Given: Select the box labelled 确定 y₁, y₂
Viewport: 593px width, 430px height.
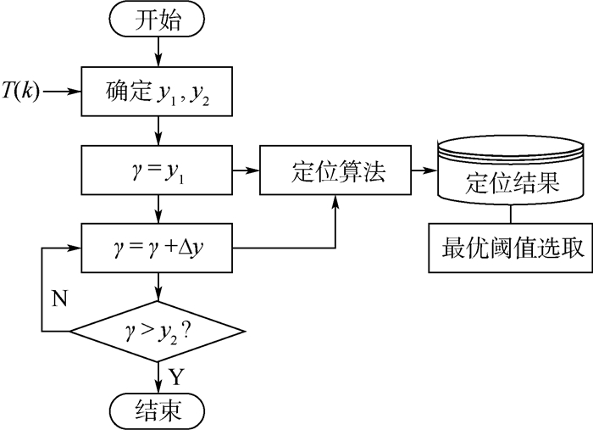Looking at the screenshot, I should coord(158,89).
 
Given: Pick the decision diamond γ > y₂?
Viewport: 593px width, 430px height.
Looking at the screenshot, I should coord(158,328).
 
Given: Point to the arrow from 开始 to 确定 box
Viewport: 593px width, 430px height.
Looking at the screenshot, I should coord(158,54).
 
